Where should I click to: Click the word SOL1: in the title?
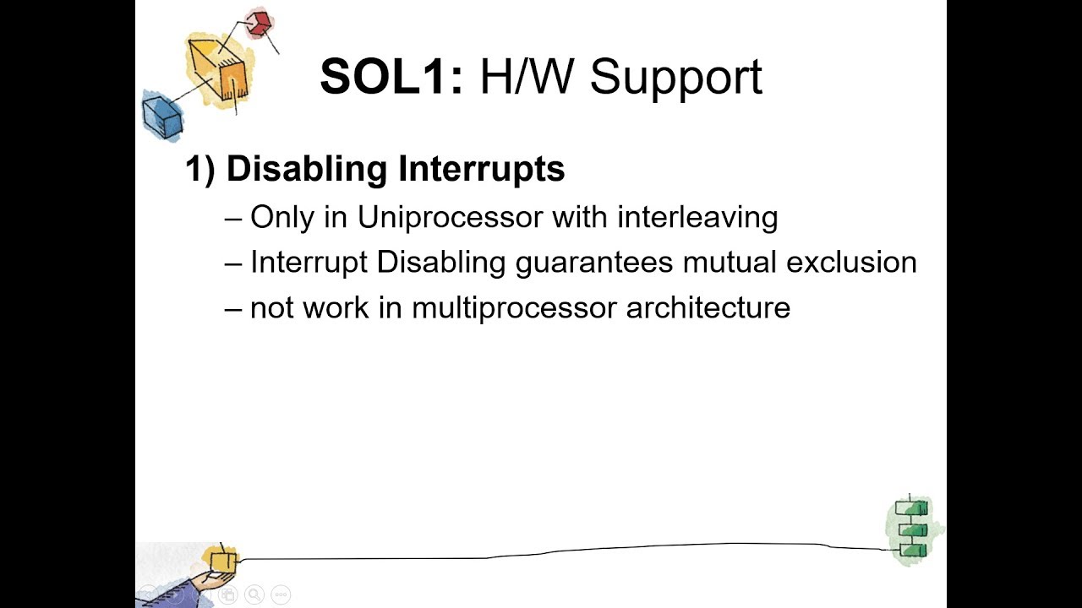point(391,77)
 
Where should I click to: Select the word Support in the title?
point(676,79)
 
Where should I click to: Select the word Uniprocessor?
point(451,218)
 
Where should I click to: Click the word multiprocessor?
point(515,308)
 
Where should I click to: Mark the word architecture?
point(708,308)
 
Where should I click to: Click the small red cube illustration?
point(258,23)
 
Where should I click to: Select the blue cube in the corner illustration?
point(162,117)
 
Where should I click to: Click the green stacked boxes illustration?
point(911,529)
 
